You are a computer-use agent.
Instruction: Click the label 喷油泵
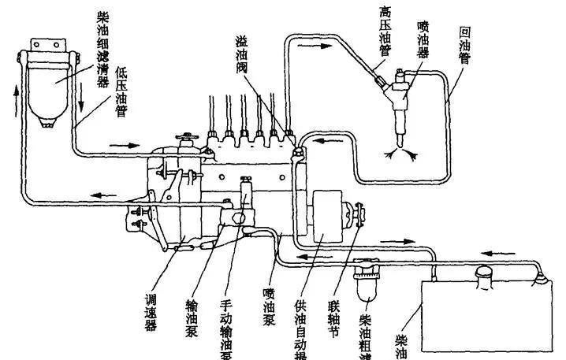pos(269,310)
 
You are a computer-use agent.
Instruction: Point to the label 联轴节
pos(334,316)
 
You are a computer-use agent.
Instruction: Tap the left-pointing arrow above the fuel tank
pos(490,254)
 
